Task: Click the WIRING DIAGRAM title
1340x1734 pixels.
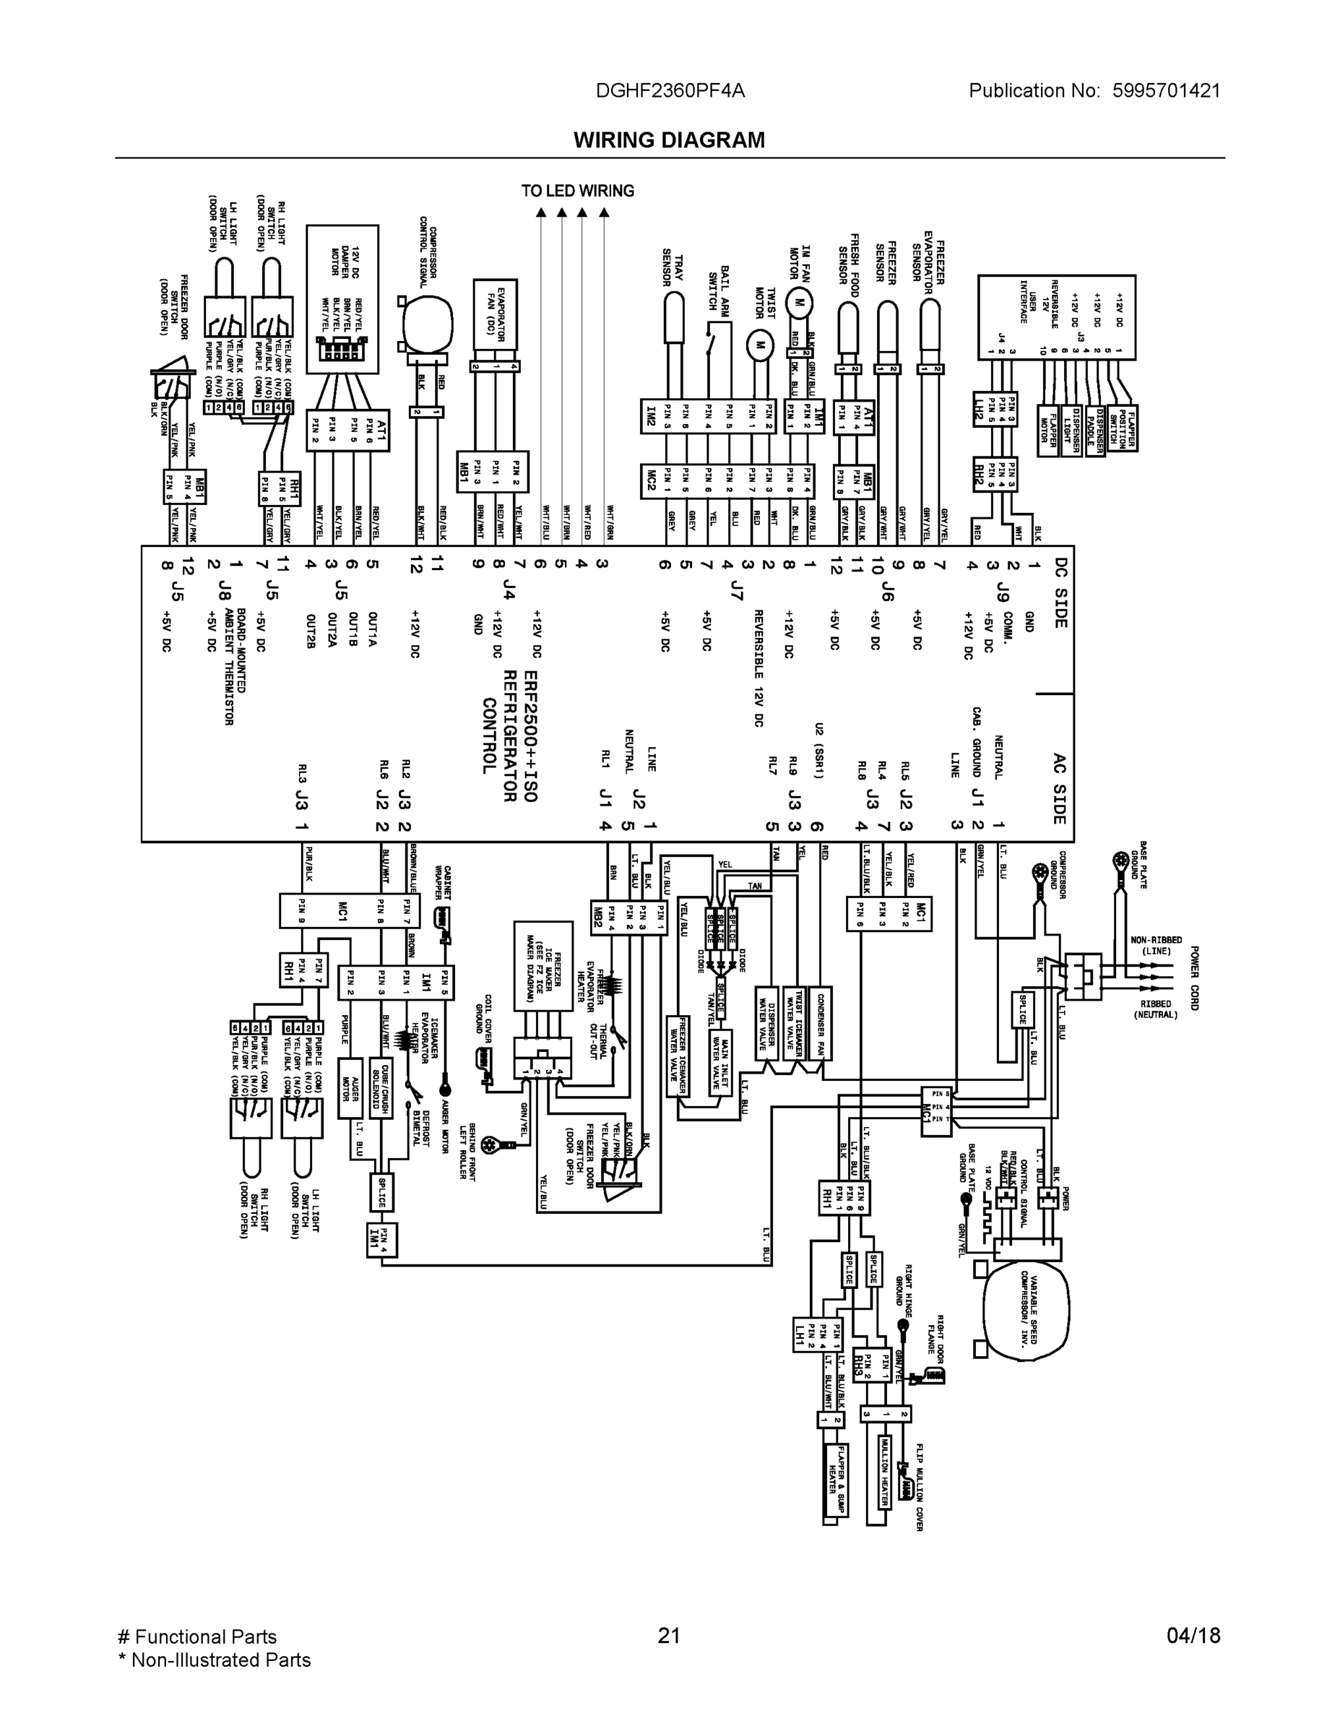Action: click(669, 141)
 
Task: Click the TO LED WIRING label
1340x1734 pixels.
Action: click(577, 191)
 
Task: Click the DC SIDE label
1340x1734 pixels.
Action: click(1060, 592)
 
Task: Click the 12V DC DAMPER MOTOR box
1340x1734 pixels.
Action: click(342, 298)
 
